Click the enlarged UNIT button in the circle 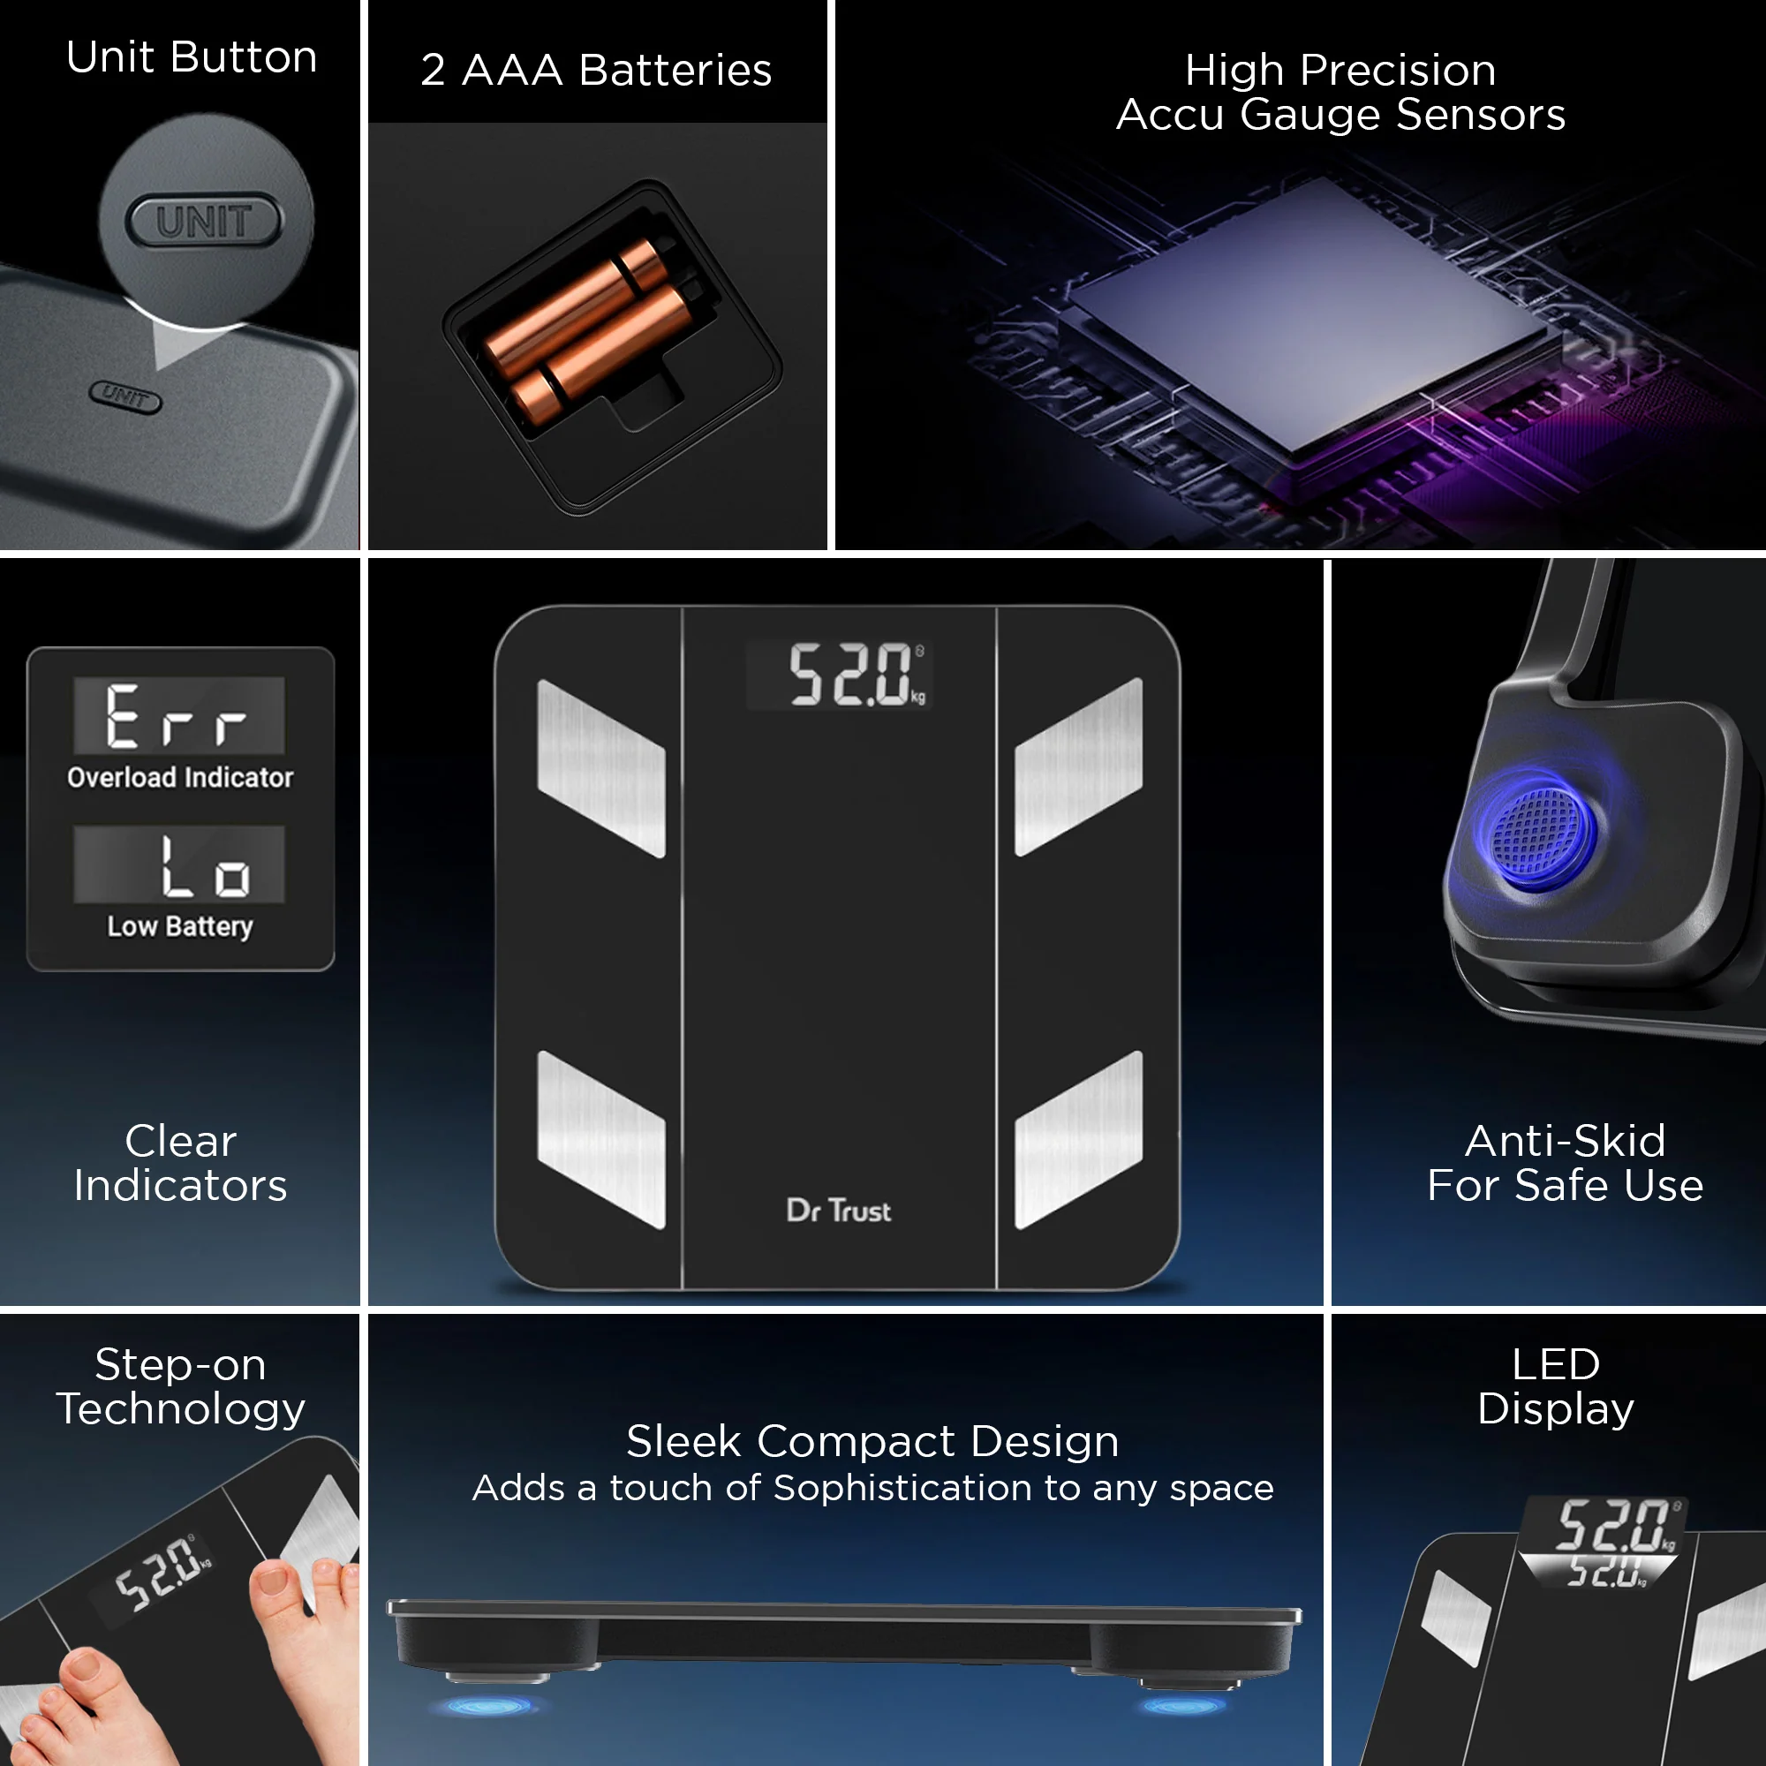point(204,220)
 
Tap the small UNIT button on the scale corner point(125,396)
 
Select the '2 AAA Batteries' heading point(596,71)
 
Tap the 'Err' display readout point(178,716)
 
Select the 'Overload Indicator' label point(180,777)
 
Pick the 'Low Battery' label point(180,926)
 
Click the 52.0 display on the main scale point(850,675)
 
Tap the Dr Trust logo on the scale point(838,1211)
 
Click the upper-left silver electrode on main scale point(600,768)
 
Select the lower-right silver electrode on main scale point(1079,1140)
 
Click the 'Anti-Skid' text point(1565,1141)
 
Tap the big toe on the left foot point(87,1672)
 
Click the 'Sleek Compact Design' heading point(872,1442)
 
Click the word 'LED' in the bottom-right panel point(1555,1364)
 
